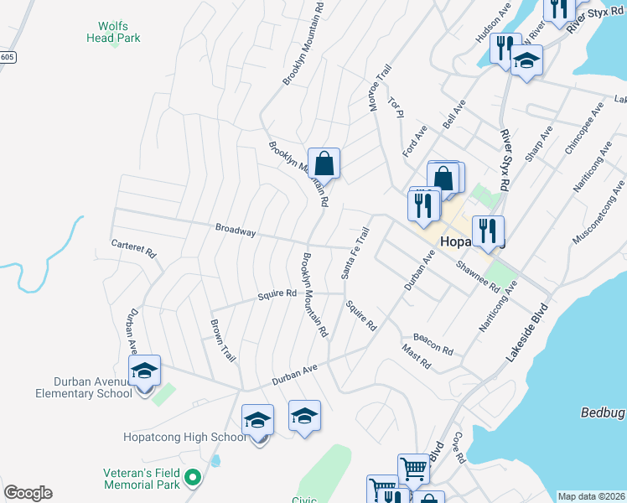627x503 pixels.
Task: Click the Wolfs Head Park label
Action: pos(113,32)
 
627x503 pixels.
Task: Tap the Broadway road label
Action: pos(235,229)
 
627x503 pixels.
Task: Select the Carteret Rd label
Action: pos(134,247)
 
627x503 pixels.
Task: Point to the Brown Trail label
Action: pos(223,340)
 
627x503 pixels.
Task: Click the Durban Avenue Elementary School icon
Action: pos(144,371)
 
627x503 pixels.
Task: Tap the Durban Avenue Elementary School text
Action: pos(84,386)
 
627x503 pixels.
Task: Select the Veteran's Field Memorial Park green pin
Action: pos(193,479)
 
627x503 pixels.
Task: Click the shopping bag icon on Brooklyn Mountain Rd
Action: pos(324,163)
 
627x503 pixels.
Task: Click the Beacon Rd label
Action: pos(433,343)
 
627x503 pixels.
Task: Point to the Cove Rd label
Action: pos(458,449)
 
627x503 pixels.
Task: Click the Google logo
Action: pos(28,493)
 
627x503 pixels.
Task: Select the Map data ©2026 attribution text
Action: pos(591,496)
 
